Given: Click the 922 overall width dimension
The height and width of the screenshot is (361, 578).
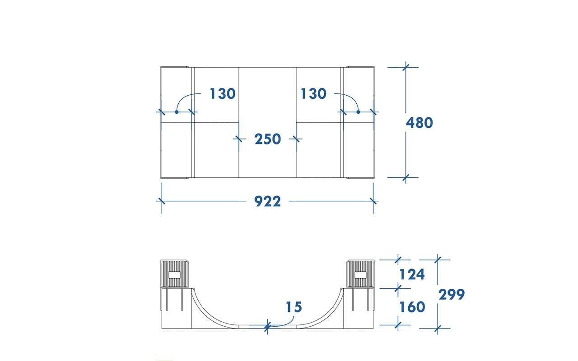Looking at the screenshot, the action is [x=267, y=201].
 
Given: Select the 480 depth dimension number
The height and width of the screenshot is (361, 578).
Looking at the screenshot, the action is [x=420, y=123].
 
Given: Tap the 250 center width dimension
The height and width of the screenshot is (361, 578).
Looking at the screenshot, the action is [x=268, y=139].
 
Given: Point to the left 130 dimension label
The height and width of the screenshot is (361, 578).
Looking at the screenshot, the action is [x=223, y=93].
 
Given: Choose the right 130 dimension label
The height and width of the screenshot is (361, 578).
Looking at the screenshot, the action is [x=313, y=93].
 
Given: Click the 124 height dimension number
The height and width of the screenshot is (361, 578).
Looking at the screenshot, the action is [x=412, y=274].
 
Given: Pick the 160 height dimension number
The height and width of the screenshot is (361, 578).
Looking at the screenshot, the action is [x=412, y=307].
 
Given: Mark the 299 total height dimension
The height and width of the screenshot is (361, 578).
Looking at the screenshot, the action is [x=452, y=295].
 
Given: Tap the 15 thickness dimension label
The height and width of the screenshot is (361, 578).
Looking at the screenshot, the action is [x=294, y=307].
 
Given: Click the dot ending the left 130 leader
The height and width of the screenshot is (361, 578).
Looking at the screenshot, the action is [x=177, y=112].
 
